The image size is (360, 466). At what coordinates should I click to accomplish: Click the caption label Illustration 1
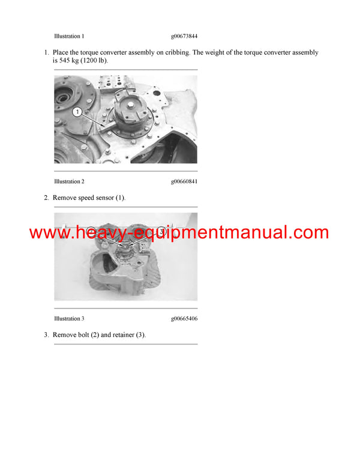coord(69,36)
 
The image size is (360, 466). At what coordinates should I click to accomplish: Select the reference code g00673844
coord(184,36)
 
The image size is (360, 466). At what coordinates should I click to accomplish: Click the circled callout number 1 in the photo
coord(77,112)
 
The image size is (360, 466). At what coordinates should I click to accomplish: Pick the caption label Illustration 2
coord(69,181)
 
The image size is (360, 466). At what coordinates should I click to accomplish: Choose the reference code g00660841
coord(184,181)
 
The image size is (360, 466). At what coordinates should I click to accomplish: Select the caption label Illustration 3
coord(69,318)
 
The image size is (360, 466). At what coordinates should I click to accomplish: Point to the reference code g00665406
coord(184,318)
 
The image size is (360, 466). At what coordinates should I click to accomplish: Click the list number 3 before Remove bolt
coord(46,334)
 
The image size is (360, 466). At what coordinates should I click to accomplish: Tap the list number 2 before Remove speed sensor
coord(46,198)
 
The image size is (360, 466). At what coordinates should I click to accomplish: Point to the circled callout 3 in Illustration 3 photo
coord(161,232)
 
